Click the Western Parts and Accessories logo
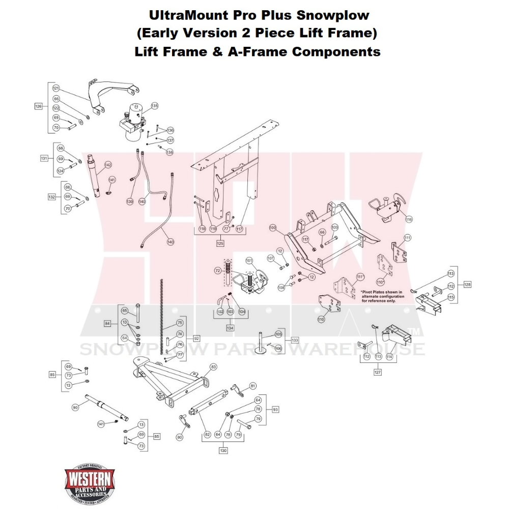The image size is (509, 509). pos(89,482)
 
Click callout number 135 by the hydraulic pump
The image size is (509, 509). pos(154,106)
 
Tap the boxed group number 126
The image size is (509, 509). pos(39,106)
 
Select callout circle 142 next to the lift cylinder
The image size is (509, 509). pos(108,165)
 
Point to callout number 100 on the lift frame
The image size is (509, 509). pos(272,227)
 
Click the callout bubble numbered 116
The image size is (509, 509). pos(409,219)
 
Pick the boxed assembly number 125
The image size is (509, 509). pos(220,243)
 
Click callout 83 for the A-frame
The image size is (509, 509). pos(213,366)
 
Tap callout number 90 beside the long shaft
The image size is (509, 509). pos(75,407)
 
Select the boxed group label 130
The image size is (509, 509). pos(223,450)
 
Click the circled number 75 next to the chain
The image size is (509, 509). pos(180,323)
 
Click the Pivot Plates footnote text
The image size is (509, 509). pos(382,296)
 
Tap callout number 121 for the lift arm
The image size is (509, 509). pos(56,89)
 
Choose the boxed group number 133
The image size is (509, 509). pos(295,340)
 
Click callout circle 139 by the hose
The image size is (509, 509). pos(130,202)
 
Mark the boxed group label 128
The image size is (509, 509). pos(467,285)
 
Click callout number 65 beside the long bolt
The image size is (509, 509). pos(124,310)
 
